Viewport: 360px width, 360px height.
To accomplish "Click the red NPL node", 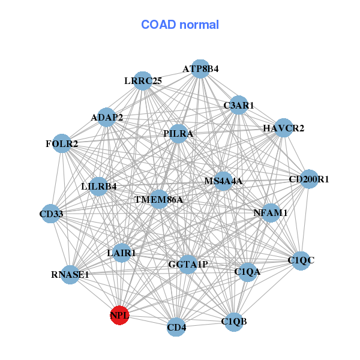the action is (120, 315).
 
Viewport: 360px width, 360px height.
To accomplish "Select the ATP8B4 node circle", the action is (200, 69).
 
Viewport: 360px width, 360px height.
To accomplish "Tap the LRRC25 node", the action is (143, 80).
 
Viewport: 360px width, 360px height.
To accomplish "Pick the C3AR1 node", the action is (239, 105).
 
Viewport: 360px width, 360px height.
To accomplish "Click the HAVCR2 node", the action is (283, 128).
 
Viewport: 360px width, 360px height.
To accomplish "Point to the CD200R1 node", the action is (308, 179).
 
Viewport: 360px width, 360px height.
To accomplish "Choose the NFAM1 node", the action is (271, 212).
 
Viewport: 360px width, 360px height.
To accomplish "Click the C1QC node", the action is (301, 260).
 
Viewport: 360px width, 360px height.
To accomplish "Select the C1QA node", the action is (247, 272).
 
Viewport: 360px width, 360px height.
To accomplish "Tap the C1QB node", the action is (234, 321).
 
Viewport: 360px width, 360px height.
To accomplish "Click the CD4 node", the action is (176, 327).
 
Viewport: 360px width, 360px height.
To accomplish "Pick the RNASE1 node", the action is (70, 275).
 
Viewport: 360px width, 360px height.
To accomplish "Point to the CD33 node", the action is (51, 214).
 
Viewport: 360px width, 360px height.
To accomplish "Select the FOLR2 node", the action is (62, 143).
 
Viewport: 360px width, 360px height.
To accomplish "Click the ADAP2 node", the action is (107, 117).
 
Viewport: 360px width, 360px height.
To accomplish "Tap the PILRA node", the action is (178, 134).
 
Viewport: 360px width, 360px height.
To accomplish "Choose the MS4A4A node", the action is (223, 181).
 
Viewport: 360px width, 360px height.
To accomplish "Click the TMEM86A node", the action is (158, 199).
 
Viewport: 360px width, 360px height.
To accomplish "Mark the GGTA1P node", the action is (188, 264).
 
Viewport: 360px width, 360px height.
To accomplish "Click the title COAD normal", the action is (180, 25).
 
